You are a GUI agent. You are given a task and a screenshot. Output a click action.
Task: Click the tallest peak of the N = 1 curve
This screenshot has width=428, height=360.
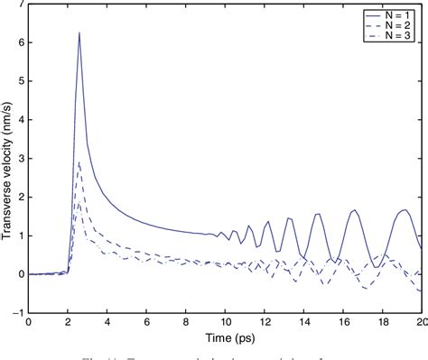pos(79,33)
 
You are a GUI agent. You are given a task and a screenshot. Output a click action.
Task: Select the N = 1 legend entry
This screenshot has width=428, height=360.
pos(396,14)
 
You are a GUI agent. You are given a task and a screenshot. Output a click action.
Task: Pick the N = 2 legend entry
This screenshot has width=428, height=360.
pos(396,24)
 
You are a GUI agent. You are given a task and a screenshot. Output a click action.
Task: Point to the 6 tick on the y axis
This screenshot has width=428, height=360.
pos(19,42)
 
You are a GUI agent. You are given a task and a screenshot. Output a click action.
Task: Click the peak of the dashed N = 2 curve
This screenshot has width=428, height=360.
pos(79,162)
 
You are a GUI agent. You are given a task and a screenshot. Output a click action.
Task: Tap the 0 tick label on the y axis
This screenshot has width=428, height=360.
pos(19,273)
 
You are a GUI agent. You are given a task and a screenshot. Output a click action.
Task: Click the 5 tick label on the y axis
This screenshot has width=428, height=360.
pos(19,81)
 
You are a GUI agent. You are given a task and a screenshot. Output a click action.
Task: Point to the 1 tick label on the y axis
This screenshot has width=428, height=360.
pos(19,235)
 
